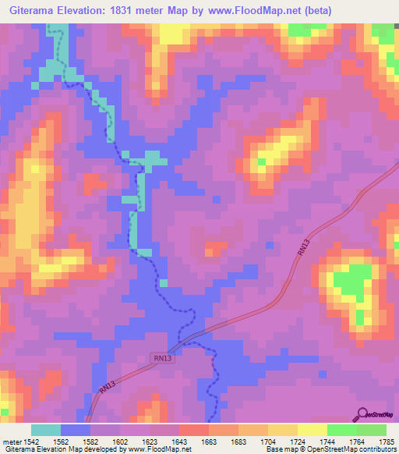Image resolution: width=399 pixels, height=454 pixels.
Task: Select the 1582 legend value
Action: click(x=96, y=442)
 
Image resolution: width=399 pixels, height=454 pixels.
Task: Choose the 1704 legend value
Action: click(x=273, y=442)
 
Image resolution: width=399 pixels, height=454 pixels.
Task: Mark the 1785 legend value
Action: click(x=385, y=442)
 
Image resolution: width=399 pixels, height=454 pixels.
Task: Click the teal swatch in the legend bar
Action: click(x=46, y=430)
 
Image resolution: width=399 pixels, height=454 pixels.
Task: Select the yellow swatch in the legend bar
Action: click(x=312, y=430)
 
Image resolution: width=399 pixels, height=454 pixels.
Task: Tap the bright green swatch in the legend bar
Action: click(x=341, y=430)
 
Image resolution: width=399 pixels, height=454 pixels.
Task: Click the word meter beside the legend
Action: click(x=12, y=442)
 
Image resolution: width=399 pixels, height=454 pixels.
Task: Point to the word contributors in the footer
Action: click(x=374, y=450)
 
